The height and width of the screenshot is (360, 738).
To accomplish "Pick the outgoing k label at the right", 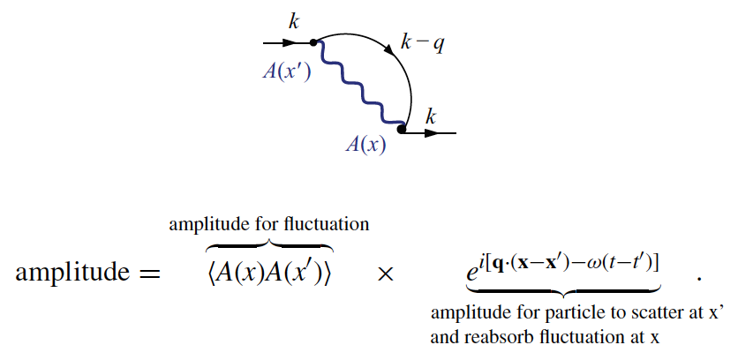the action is coord(431,116).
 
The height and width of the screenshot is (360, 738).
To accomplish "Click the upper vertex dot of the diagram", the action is coord(313,42).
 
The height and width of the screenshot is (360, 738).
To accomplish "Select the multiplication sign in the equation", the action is coord(384,274).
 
